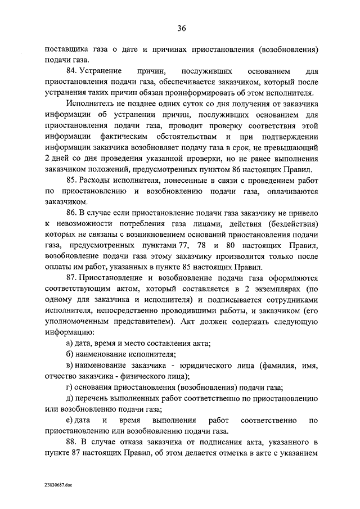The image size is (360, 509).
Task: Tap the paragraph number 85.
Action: point(72,179)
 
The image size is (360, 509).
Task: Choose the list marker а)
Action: point(70,343)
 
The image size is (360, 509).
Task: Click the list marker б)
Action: point(70,354)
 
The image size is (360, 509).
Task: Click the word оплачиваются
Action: point(291,192)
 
